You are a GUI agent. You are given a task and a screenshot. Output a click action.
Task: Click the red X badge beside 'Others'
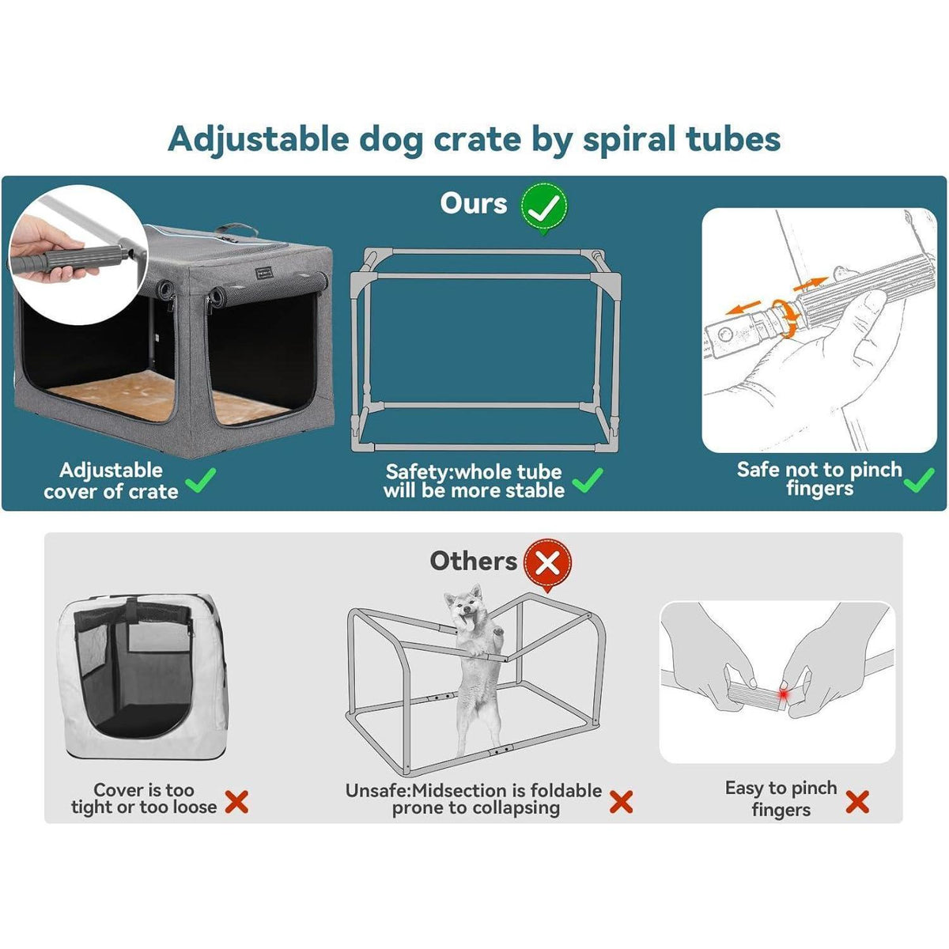[x=547, y=563]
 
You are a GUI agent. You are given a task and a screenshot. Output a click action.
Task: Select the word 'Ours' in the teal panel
[x=473, y=203]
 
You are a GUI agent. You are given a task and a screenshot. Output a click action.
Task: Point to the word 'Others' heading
[x=473, y=561]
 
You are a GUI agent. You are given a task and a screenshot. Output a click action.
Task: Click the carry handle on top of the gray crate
[x=236, y=229]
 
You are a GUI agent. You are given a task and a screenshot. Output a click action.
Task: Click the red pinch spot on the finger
[x=783, y=694]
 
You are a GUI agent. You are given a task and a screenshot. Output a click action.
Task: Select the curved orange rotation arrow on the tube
[x=785, y=318]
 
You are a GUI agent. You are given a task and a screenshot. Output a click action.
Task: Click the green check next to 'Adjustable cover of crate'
[x=200, y=480]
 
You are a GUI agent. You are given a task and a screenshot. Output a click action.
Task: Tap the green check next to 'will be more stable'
[x=588, y=480]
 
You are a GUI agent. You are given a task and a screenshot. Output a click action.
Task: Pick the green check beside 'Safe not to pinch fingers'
[x=919, y=480]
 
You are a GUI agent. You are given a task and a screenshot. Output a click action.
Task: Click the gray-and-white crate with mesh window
[x=143, y=677]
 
